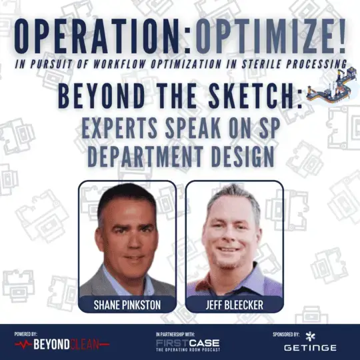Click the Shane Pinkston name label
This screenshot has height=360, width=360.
pos(127,305)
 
